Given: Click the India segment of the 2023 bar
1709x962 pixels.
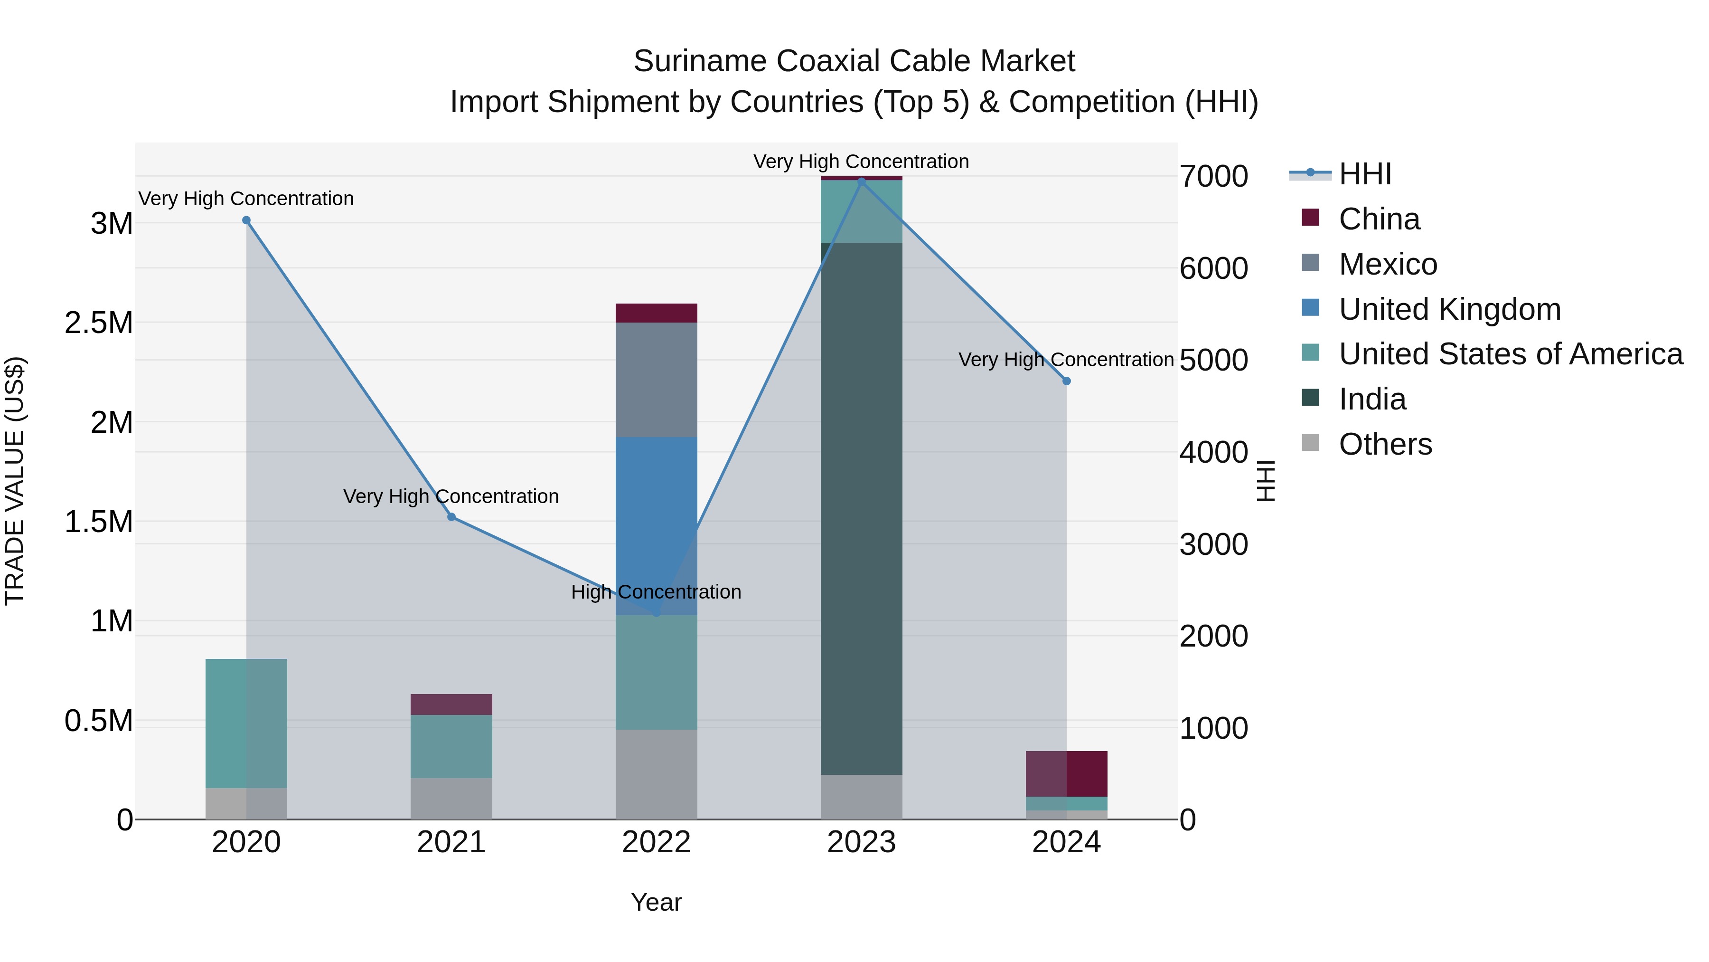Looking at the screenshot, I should tap(861, 508).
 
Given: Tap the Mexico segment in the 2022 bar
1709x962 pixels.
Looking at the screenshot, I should tap(656, 379).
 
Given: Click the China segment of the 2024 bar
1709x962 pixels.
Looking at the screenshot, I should tap(1066, 773).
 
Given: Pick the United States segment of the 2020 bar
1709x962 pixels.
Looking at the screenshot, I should tap(246, 723).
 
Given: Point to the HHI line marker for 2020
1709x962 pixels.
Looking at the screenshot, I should tap(246, 220).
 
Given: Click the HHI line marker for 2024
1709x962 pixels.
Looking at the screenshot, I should tap(1066, 381).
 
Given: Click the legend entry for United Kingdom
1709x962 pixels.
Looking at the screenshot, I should tap(1450, 309).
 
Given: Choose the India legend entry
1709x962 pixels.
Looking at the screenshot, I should tap(1372, 399).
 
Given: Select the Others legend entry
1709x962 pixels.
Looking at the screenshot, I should tap(1385, 444).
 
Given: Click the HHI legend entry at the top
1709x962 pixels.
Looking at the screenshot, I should tap(1365, 174).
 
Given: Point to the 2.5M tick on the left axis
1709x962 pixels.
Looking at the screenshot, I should tap(99, 324).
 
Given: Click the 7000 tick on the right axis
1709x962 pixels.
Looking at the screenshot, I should tap(1213, 177).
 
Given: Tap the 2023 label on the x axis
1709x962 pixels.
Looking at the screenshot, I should tap(861, 842).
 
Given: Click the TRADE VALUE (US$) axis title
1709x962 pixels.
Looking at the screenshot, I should tap(15, 481).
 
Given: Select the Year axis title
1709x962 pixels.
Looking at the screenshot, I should tap(656, 902).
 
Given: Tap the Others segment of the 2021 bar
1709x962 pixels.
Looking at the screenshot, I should tap(451, 798).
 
